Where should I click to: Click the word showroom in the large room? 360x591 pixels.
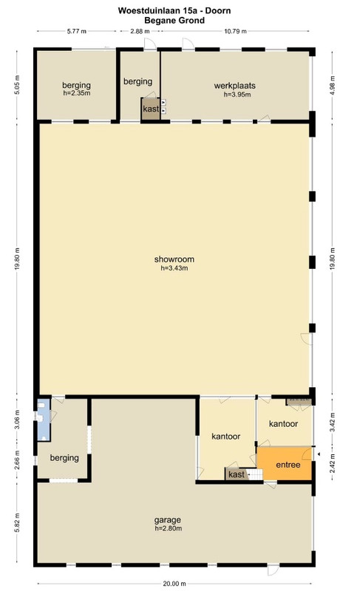click(174, 259)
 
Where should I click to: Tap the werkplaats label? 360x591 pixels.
click(235, 86)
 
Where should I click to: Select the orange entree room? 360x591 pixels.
click(285, 464)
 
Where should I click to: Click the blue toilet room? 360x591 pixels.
click(44, 420)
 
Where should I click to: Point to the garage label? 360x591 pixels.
click(167, 520)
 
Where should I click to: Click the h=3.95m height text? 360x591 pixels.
click(237, 95)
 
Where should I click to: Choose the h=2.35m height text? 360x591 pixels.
click(77, 93)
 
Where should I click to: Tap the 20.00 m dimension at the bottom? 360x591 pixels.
click(174, 584)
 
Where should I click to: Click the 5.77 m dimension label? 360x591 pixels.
click(77, 31)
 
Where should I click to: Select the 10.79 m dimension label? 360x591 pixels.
click(235, 31)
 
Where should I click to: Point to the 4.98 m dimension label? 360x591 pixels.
click(333, 85)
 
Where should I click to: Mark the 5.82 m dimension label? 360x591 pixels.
click(17, 523)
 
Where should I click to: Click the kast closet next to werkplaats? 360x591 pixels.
click(150, 109)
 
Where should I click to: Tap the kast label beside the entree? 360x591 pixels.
click(237, 474)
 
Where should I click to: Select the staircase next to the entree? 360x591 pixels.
click(256, 474)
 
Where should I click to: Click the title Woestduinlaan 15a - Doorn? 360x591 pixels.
click(174, 10)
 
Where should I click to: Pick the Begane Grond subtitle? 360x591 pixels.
click(174, 21)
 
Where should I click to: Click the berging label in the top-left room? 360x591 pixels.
click(77, 85)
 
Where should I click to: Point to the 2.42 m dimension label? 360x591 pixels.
click(333, 464)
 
